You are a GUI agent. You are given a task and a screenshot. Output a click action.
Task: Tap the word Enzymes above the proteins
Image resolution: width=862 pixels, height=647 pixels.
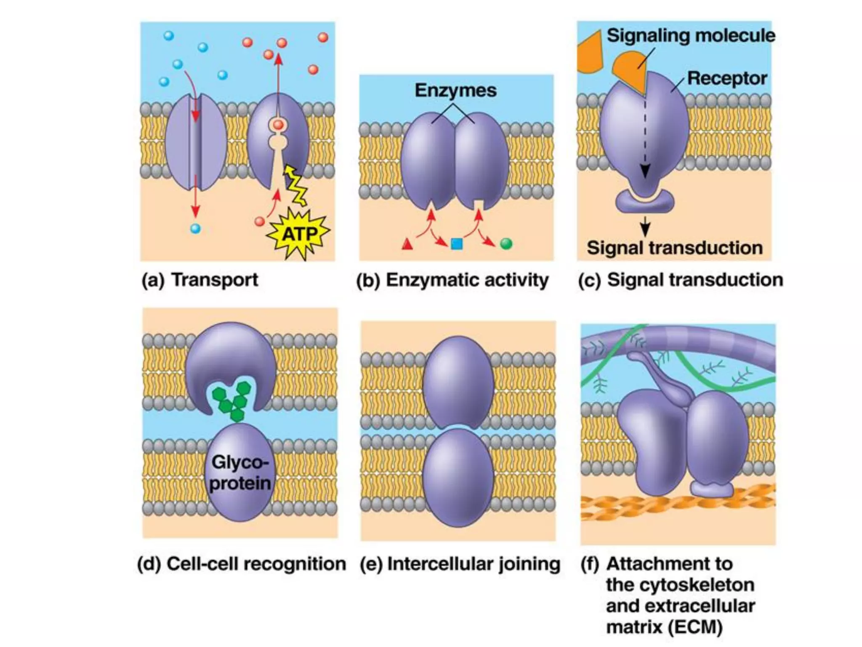click(455, 90)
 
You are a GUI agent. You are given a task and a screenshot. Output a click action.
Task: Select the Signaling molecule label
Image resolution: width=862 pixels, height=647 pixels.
click(690, 35)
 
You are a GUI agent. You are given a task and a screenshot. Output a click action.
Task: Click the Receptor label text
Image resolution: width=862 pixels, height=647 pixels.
click(726, 78)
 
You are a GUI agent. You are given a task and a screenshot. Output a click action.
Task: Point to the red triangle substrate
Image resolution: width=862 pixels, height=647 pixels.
click(407, 244)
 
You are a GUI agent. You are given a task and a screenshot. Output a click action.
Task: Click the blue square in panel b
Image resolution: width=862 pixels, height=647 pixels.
click(457, 244)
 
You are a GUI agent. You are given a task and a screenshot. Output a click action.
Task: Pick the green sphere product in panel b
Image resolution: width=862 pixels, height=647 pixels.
click(506, 243)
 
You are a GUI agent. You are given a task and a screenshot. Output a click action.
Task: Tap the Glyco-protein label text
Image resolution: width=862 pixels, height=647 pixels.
click(240, 473)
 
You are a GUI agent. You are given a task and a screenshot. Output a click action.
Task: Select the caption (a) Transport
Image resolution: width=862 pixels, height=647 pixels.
click(200, 280)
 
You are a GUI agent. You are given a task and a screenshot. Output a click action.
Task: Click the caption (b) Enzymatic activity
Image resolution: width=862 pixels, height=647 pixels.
click(452, 280)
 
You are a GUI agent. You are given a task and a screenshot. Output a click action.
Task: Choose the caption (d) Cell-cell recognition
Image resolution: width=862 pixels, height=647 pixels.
click(242, 564)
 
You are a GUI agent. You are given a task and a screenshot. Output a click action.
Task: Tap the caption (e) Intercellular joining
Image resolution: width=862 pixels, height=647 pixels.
click(460, 564)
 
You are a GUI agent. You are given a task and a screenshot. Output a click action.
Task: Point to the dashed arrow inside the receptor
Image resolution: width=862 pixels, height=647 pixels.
click(645, 135)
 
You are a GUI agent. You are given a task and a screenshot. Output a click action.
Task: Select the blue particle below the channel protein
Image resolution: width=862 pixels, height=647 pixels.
click(195, 229)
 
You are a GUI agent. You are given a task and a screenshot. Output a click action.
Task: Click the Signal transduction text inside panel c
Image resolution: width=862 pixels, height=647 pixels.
click(675, 248)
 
